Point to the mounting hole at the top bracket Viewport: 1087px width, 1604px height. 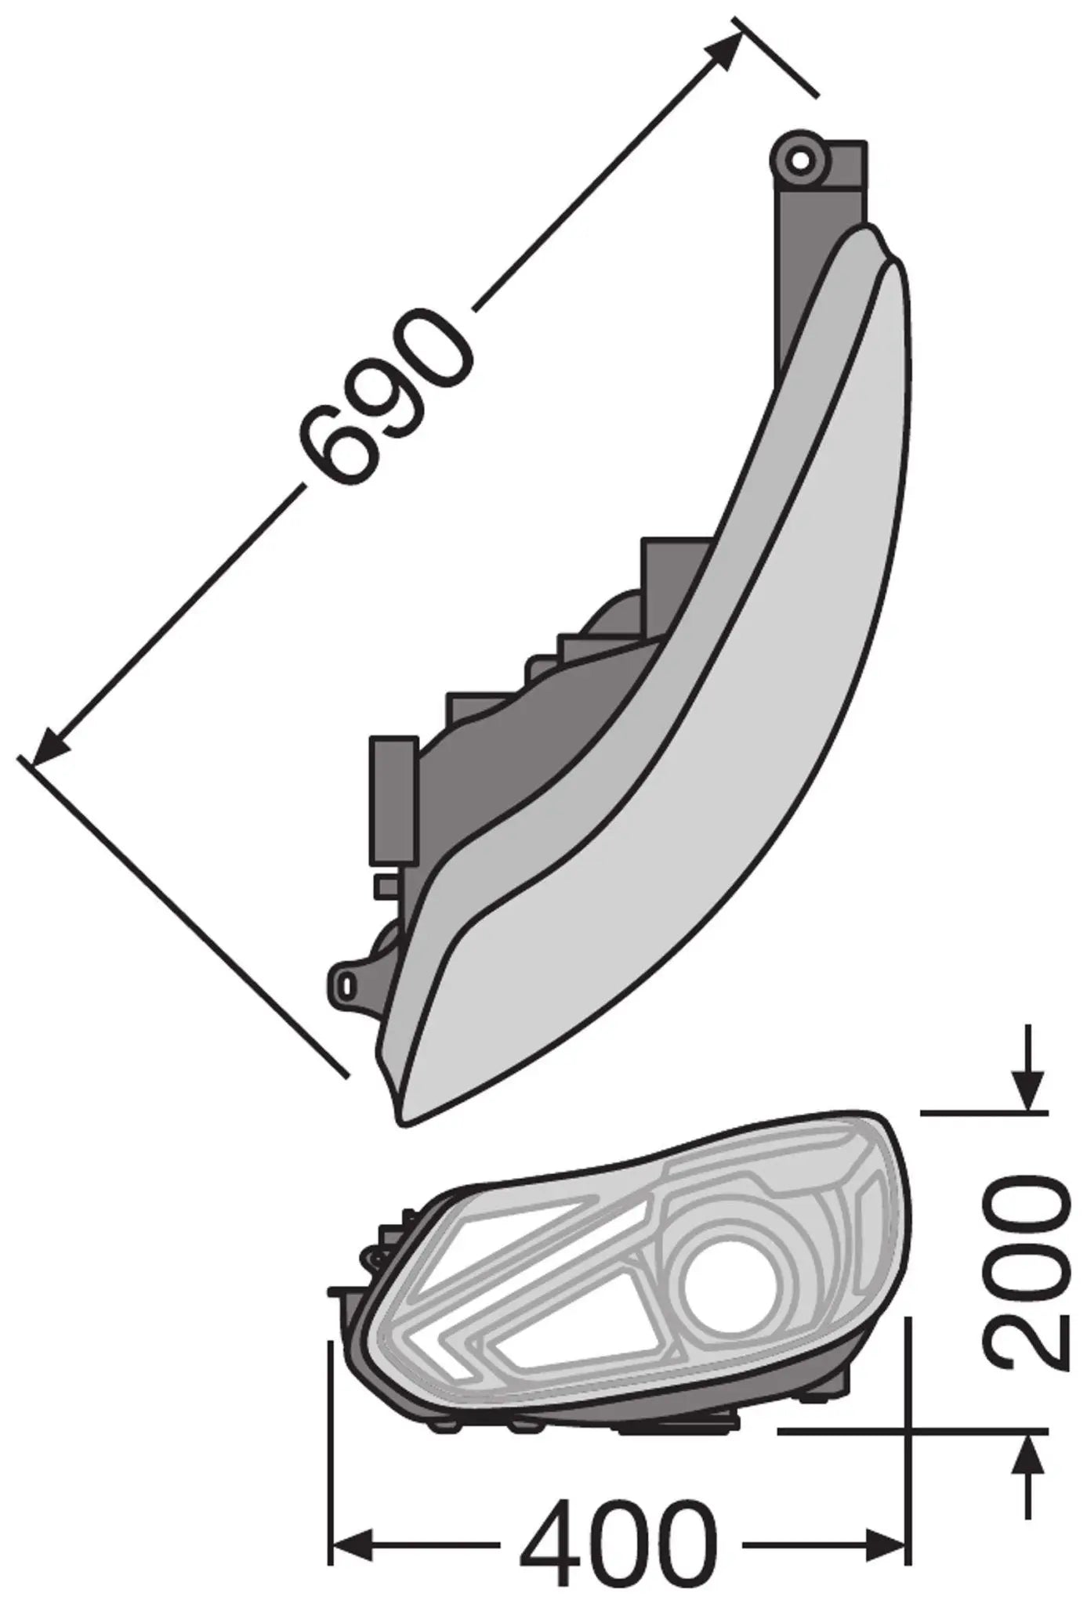tap(801, 159)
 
